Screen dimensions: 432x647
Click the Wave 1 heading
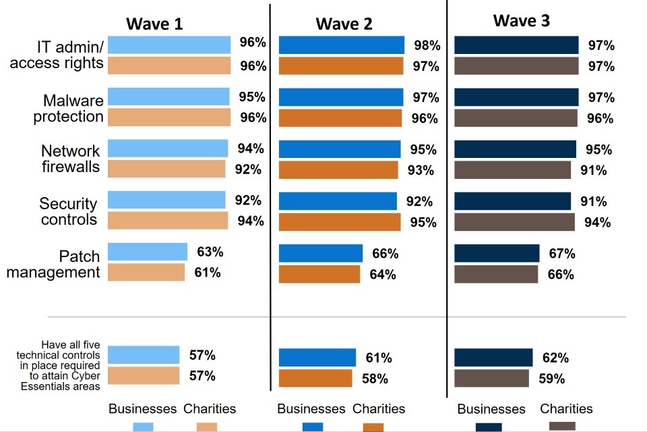(x=154, y=24)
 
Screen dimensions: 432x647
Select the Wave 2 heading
(x=344, y=24)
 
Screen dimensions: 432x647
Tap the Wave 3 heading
(x=521, y=21)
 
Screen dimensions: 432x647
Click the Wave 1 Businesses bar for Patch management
(x=147, y=252)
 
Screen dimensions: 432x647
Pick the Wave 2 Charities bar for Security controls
(x=339, y=222)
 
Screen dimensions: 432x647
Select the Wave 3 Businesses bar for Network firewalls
(x=515, y=149)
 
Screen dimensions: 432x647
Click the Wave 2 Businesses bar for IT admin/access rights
(x=341, y=45)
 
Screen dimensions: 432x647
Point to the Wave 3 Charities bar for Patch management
(x=495, y=274)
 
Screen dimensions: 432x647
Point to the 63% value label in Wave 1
(x=210, y=252)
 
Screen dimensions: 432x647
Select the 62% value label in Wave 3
(x=555, y=358)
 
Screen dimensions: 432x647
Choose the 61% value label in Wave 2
(x=378, y=358)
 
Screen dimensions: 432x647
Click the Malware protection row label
(x=73, y=109)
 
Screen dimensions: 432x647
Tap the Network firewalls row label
(x=71, y=159)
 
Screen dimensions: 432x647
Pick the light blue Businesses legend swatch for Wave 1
(x=143, y=427)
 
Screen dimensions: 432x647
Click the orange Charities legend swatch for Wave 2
(x=373, y=427)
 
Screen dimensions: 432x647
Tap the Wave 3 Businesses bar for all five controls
(x=493, y=358)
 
